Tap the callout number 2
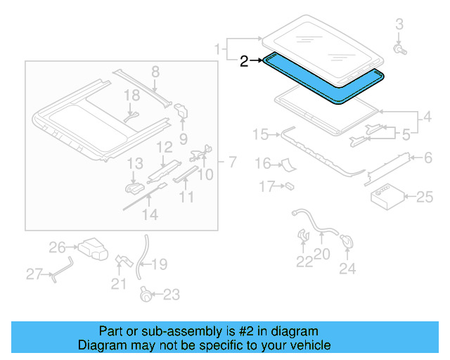point(244,62)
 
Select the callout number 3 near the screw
point(399,25)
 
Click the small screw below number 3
point(400,50)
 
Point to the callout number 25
point(425,198)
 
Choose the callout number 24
point(347,268)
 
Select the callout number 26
point(58,247)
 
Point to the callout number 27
point(34,274)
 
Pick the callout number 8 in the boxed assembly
point(155,71)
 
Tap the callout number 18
point(133,95)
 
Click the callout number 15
point(261,134)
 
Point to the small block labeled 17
point(288,187)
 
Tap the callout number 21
point(119,284)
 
